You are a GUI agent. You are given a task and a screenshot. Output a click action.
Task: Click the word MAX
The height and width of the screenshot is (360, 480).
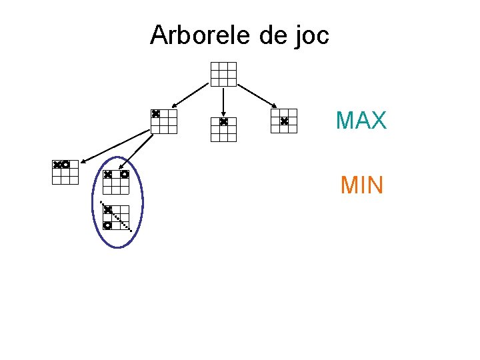(361, 121)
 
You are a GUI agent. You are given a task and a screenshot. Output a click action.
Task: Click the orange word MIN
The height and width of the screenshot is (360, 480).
(361, 185)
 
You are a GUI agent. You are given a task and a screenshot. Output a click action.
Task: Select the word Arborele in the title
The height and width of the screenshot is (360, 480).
(201, 35)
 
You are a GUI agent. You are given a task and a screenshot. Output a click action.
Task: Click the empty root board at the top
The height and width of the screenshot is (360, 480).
(223, 74)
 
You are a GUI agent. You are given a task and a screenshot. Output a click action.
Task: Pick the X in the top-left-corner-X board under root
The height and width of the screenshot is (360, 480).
(155, 114)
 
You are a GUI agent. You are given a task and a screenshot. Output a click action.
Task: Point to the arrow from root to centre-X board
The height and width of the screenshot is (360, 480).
(257, 95)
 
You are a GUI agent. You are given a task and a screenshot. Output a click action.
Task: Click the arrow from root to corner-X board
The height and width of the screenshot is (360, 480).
(191, 94)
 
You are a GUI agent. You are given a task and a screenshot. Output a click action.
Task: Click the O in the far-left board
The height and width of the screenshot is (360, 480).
(65, 164)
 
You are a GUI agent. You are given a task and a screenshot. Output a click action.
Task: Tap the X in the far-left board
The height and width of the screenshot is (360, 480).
(57, 164)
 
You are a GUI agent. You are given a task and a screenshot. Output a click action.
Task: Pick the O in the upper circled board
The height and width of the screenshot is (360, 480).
(124, 175)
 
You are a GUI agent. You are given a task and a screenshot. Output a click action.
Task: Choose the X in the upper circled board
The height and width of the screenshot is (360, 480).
(107, 175)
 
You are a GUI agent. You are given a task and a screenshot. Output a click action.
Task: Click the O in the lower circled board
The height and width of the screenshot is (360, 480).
(107, 225)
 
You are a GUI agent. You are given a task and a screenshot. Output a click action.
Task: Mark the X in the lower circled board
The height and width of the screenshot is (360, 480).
(107, 209)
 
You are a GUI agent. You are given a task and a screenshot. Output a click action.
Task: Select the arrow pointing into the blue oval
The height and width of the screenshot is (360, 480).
(140, 147)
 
